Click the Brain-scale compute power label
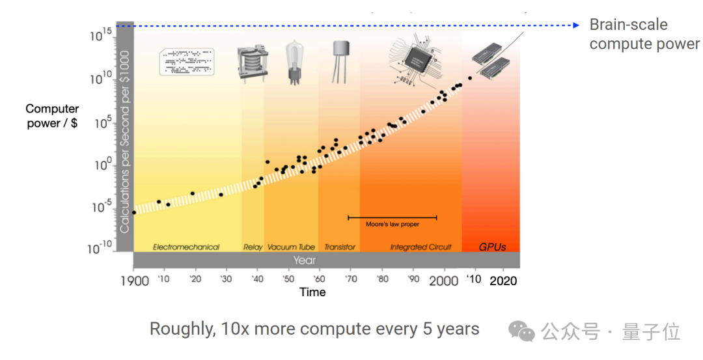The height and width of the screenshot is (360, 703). [x=644, y=35]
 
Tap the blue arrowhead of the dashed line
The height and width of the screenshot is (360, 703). [x=575, y=25]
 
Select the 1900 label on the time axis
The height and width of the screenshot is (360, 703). [x=134, y=281]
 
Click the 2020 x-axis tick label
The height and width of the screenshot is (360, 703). [x=503, y=281]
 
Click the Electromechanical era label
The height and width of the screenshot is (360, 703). [x=186, y=247]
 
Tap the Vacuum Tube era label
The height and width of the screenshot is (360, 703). [x=291, y=247]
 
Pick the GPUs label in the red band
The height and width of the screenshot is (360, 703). [x=492, y=247]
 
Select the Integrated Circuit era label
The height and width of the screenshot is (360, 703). [x=421, y=247]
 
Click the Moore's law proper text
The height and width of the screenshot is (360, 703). [x=393, y=225]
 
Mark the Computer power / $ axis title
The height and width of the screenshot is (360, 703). [x=52, y=116]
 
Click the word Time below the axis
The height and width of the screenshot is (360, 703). [x=312, y=292]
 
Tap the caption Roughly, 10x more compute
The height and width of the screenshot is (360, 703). [x=314, y=329]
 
